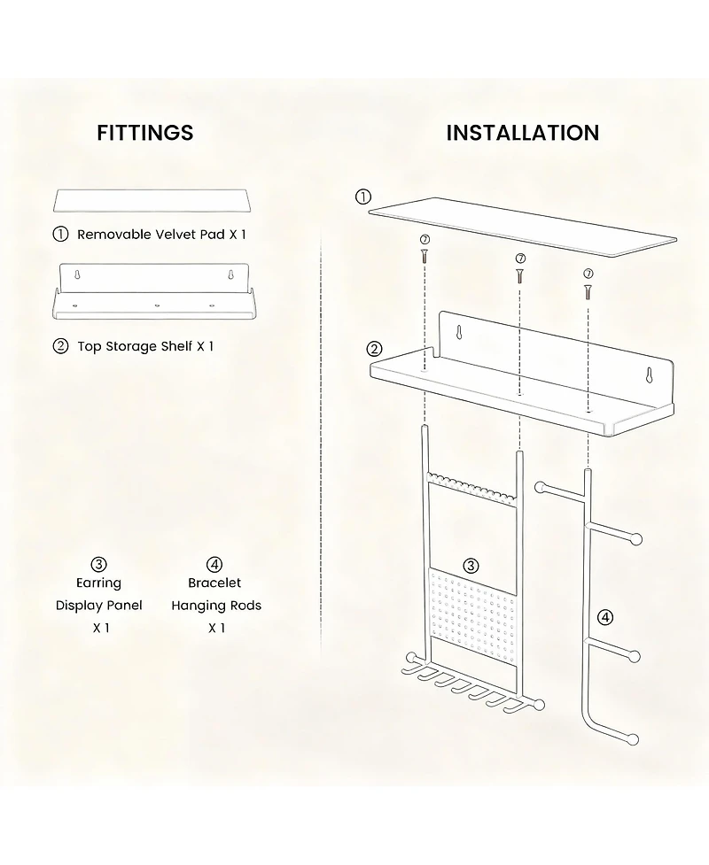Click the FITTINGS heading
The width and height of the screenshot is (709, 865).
pyautogui.click(x=144, y=133)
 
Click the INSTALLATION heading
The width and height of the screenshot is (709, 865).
pyautogui.click(x=522, y=133)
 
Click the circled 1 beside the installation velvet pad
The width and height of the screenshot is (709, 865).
pyautogui.click(x=362, y=197)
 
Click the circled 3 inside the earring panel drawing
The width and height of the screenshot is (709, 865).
pyautogui.click(x=471, y=565)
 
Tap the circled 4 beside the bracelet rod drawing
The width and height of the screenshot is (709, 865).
pyautogui.click(x=605, y=616)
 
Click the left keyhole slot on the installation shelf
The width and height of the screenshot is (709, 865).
pyautogui.click(x=460, y=333)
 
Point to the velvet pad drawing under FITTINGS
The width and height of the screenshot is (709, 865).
pyautogui.click(x=152, y=199)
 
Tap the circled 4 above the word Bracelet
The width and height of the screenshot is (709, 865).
pyautogui.click(x=215, y=564)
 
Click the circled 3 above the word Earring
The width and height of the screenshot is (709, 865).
pyautogui.click(x=99, y=564)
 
